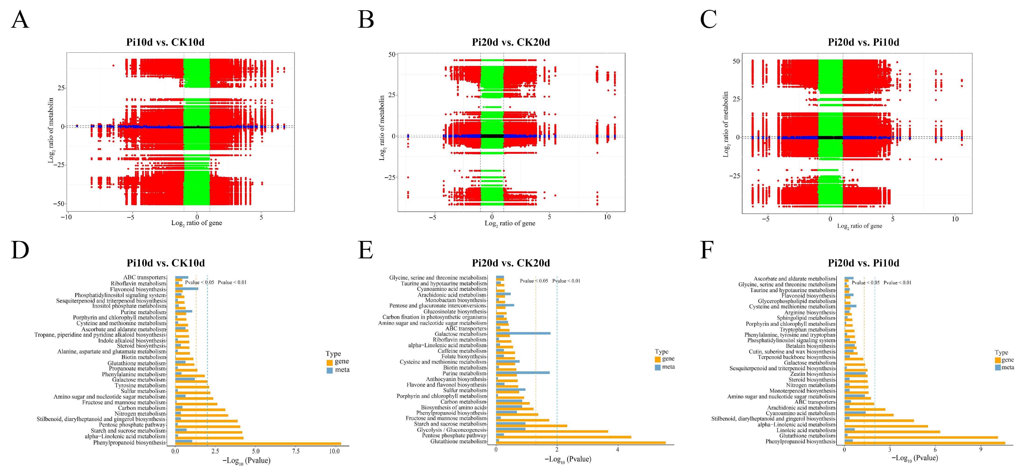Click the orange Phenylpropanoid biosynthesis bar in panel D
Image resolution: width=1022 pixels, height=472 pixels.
(258, 443)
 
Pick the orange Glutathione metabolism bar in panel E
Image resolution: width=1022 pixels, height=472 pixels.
(581, 443)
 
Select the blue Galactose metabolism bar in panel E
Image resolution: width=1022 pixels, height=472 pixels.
(523, 333)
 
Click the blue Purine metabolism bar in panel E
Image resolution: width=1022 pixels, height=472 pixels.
(523, 373)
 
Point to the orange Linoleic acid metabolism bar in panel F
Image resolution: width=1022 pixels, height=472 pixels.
(892, 431)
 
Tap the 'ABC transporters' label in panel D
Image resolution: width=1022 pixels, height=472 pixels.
(144, 277)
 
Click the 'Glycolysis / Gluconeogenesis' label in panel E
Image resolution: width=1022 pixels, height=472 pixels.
(452, 430)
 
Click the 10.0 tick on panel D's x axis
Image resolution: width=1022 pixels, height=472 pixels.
(334, 451)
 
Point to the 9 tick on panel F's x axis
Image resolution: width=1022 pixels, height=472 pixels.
(981, 449)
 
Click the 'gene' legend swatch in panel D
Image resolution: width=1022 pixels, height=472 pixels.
(329, 363)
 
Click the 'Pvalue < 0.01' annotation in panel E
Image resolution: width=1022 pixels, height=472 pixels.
(566, 281)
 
